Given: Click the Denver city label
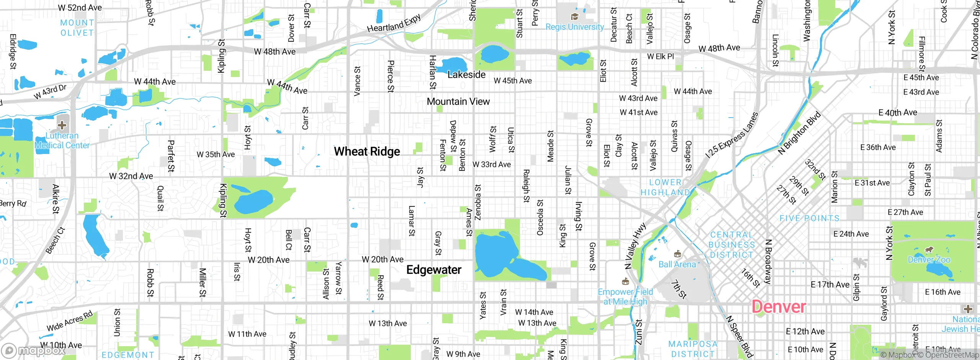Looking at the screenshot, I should click(x=779, y=307).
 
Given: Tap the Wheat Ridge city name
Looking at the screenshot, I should click(x=367, y=152).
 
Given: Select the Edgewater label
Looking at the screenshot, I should click(x=434, y=270).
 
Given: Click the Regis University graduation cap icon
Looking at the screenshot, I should click(x=574, y=17).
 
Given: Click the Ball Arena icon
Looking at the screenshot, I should click(x=678, y=254).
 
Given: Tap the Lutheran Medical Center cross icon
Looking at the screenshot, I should click(x=62, y=125).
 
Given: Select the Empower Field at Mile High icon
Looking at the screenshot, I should click(x=626, y=282).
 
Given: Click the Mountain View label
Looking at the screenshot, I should click(x=458, y=101).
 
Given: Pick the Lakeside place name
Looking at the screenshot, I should click(x=466, y=75).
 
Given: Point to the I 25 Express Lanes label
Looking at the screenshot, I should click(x=732, y=135).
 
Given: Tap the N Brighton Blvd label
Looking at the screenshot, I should click(x=799, y=133).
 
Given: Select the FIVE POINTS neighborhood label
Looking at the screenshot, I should click(x=809, y=219).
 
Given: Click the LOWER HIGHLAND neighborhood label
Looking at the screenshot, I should click(x=665, y=187).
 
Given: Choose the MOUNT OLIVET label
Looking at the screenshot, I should click(x=77, y=28).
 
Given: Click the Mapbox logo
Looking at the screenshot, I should click(x=34, y=350).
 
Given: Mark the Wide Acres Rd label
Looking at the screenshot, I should click(x=70, y=321).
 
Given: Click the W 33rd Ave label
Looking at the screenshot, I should click(x=492, y=165).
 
